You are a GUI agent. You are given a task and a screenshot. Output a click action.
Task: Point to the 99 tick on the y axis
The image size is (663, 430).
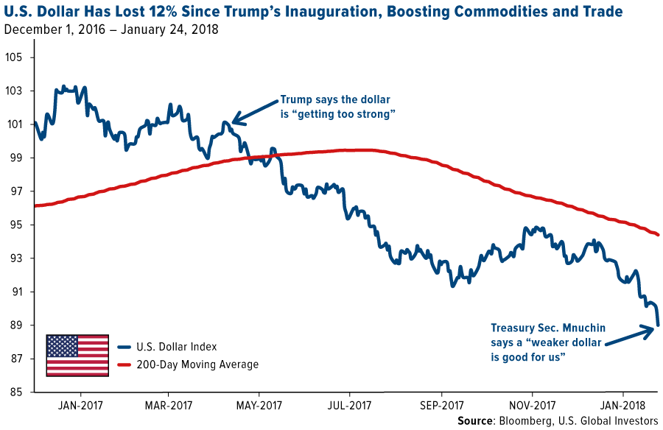17,158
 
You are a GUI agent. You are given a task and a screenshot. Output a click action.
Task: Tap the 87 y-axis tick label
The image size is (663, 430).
17,359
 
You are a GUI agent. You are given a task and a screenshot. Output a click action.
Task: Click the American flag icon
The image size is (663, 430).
77,355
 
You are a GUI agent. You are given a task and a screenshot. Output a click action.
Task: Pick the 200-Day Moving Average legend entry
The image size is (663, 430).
187,364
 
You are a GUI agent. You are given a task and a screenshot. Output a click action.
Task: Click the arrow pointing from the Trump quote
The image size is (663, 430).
254,111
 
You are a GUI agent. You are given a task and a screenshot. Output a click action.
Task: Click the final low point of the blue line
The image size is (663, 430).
657,325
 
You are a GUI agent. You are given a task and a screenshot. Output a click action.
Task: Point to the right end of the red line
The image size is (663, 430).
658,235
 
